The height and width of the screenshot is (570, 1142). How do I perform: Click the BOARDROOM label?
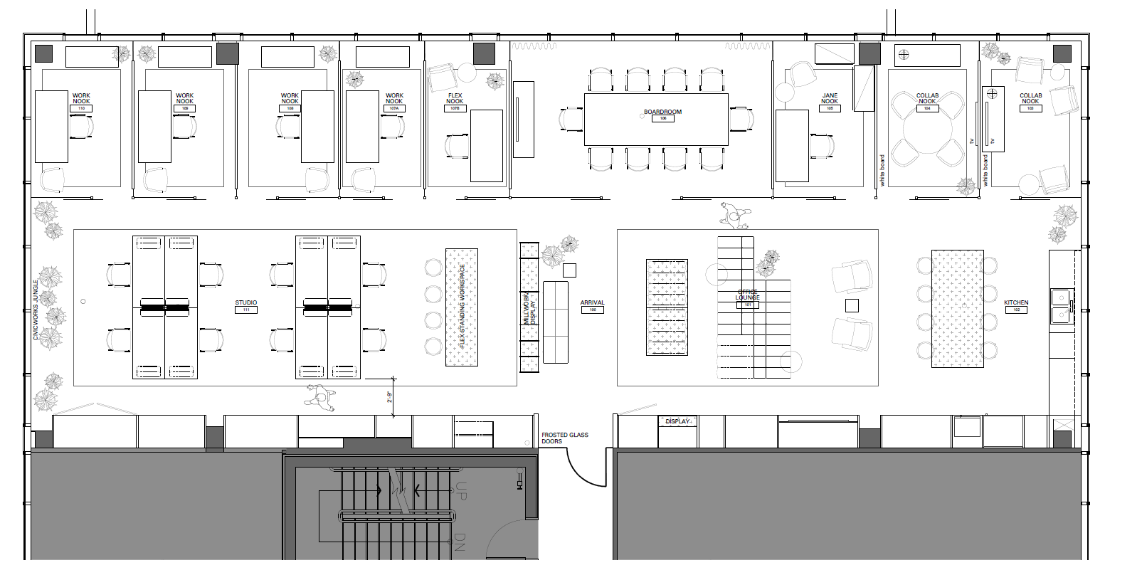tap(662, 112)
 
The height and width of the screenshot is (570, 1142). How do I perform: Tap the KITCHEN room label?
tap(1016, 302)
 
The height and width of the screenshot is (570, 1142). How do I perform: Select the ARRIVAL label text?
tap(592, 302)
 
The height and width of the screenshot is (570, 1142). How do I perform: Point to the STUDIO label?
tap(246, 302)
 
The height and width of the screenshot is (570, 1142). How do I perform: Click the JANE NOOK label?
tap(830, 98)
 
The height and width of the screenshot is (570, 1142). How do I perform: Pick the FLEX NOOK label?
tap(455, 98)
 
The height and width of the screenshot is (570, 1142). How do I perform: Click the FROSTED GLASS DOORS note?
tap(564, 438)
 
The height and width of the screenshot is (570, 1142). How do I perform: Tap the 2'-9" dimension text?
tap(389, 397)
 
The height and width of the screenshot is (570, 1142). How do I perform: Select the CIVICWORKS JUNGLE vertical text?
tap(36, 310)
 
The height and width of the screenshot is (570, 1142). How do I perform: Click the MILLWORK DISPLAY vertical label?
tap(529, 310)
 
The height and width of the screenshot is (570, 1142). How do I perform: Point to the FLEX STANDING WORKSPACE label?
tap(462, 306)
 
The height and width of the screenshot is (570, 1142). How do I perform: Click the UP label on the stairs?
tap(460, 491)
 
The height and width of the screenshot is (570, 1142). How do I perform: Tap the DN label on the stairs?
tap(459, 542)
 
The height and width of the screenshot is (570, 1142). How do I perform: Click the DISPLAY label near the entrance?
tap(677, 421)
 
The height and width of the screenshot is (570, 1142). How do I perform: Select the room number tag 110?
tap(81, 109)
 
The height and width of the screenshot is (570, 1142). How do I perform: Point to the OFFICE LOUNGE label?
tap(747, 295)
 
